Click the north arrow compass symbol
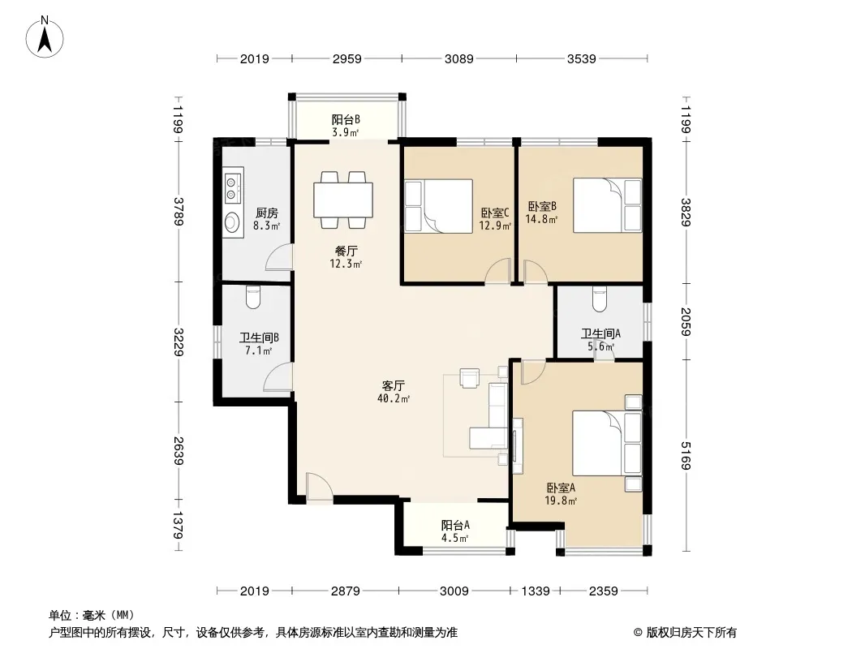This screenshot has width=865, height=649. pos(45,37)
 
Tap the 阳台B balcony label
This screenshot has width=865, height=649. pos(346,119)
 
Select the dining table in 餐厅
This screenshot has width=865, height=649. pos(343,200)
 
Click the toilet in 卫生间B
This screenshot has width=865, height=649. pos(253,297)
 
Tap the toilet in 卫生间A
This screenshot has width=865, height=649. pos(600,299)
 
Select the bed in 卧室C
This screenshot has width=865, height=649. pos(438,206)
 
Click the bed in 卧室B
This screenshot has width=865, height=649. pos(608,205)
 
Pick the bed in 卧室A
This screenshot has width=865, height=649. pos(607,443)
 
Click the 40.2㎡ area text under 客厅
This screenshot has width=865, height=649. pos(394,398)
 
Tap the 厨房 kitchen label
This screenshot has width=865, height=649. pos(267,213)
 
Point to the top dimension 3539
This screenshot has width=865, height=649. pos(582,58)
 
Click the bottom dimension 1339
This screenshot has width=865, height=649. pos(535,591)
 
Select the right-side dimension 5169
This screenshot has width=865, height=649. pos(686,455)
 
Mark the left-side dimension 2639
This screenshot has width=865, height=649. pos(178,450)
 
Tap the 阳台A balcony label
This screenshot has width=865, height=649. pos(455,526)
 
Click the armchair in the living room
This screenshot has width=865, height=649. pos(470,378)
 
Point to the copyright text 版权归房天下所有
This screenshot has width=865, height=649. pos(691,633)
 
